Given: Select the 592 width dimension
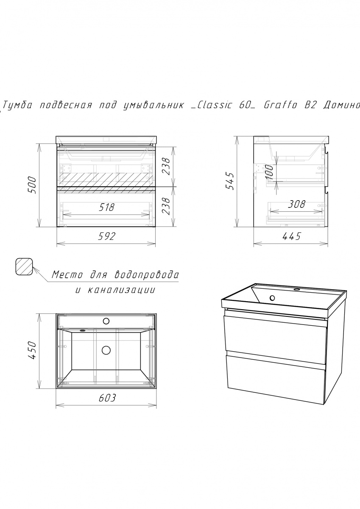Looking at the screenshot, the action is tap(107, 236).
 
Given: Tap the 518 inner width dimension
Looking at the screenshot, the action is tap(106, 207).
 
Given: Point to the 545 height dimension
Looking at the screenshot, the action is tap(230, 181).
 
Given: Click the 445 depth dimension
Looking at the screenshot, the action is tap(291, 236).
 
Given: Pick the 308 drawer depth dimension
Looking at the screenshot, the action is tap(296, 204).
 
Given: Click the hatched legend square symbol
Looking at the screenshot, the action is tap(24, 266).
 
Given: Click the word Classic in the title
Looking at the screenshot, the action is tap(215, 105).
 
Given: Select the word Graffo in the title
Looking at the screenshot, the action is tap(280, 105).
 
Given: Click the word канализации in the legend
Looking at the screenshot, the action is tap(121, 291).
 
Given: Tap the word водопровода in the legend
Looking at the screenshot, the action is tap(146, 275).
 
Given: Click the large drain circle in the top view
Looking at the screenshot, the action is tap(106, 350).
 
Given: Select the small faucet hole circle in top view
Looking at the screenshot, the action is tap(106, 321).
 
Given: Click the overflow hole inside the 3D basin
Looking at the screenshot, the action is tap(272, 298).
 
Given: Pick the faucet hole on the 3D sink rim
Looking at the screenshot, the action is tap(296, 289).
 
